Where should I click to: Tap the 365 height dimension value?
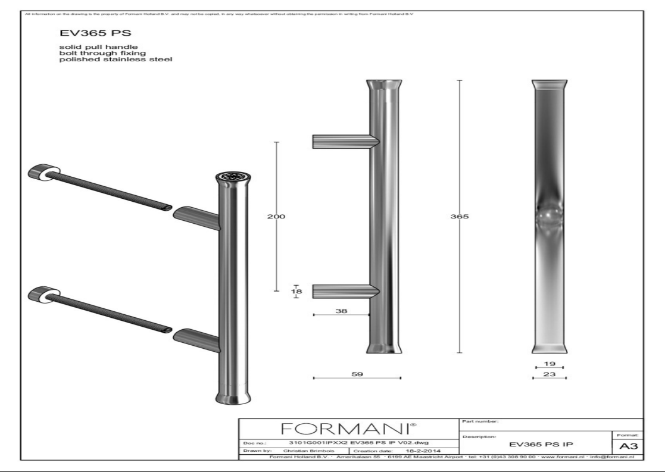pos(462,217)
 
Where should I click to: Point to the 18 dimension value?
pos(296,292)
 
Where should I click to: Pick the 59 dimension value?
pos(357,373)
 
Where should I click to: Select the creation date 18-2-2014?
pos(422,451)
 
